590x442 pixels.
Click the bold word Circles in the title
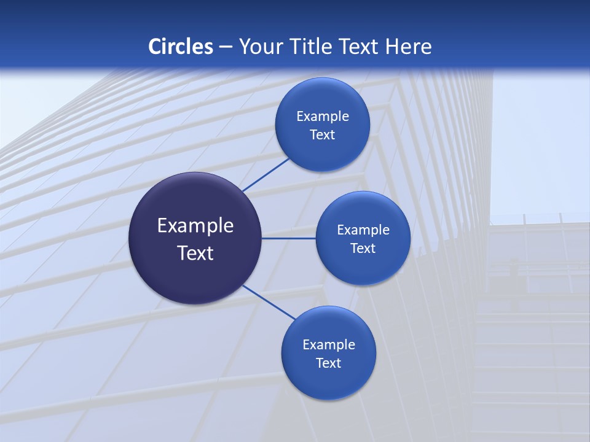[x=181, y=47]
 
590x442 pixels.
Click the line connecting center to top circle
[x=265, y=174]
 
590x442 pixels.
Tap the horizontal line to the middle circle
[x=289, y=238]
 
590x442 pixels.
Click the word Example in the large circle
[x=195, y=226]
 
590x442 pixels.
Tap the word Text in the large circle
[x=195, y=253]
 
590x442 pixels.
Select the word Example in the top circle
[x=323, y=116]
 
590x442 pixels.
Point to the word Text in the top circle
[x=322, y=134]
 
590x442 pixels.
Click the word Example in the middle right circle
[x=363, y=230]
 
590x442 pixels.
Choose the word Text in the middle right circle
[x=363, y=248]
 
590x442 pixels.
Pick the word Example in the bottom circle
[x=329, y=344]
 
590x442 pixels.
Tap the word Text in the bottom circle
[x=328, y=363]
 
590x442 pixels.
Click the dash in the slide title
[x=225, y=47]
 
